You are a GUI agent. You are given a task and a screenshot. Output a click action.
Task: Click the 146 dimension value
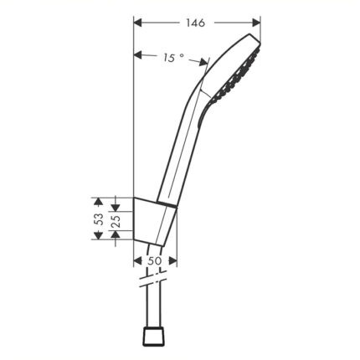pos(196,23)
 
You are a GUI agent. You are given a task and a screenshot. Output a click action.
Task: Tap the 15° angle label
pos(173,58)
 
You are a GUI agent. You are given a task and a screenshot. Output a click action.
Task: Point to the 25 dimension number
pos(116,221)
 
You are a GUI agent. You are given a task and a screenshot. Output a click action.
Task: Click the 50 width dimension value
pos(155,261)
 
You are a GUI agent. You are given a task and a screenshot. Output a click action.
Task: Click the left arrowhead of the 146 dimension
pos(138,23)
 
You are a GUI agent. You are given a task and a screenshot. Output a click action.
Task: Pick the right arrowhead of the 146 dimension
pos(256,23)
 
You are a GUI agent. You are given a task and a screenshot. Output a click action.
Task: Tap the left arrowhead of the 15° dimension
pos(138,55)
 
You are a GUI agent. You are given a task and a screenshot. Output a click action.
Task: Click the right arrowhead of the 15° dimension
pos(203,62)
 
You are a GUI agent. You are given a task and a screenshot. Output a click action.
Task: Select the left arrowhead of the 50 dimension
pos(138,261)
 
